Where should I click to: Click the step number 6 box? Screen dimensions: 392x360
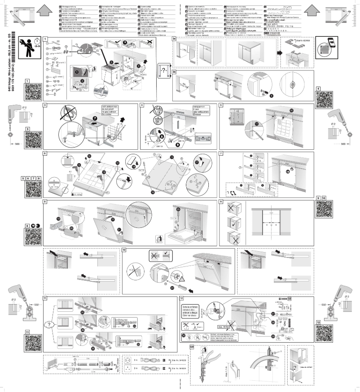tap(45, 153)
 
